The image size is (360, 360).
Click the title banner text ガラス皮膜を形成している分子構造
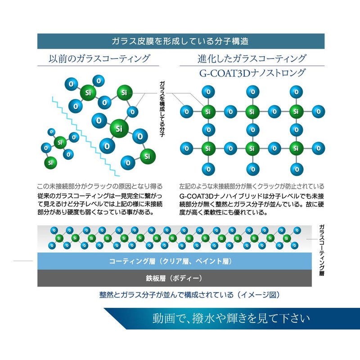click(x=180, y=41)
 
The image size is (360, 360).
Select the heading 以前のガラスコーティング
click(x=99, y=58)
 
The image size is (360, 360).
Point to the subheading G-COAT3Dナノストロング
click(x=252, y=73)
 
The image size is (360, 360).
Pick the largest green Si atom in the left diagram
click(x=119, y=128)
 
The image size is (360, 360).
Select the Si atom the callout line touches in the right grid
click(x=207, y=111)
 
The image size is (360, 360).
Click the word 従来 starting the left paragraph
click(x=46, y=196)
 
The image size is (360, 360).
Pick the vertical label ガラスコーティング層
click(x=321, y=250)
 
